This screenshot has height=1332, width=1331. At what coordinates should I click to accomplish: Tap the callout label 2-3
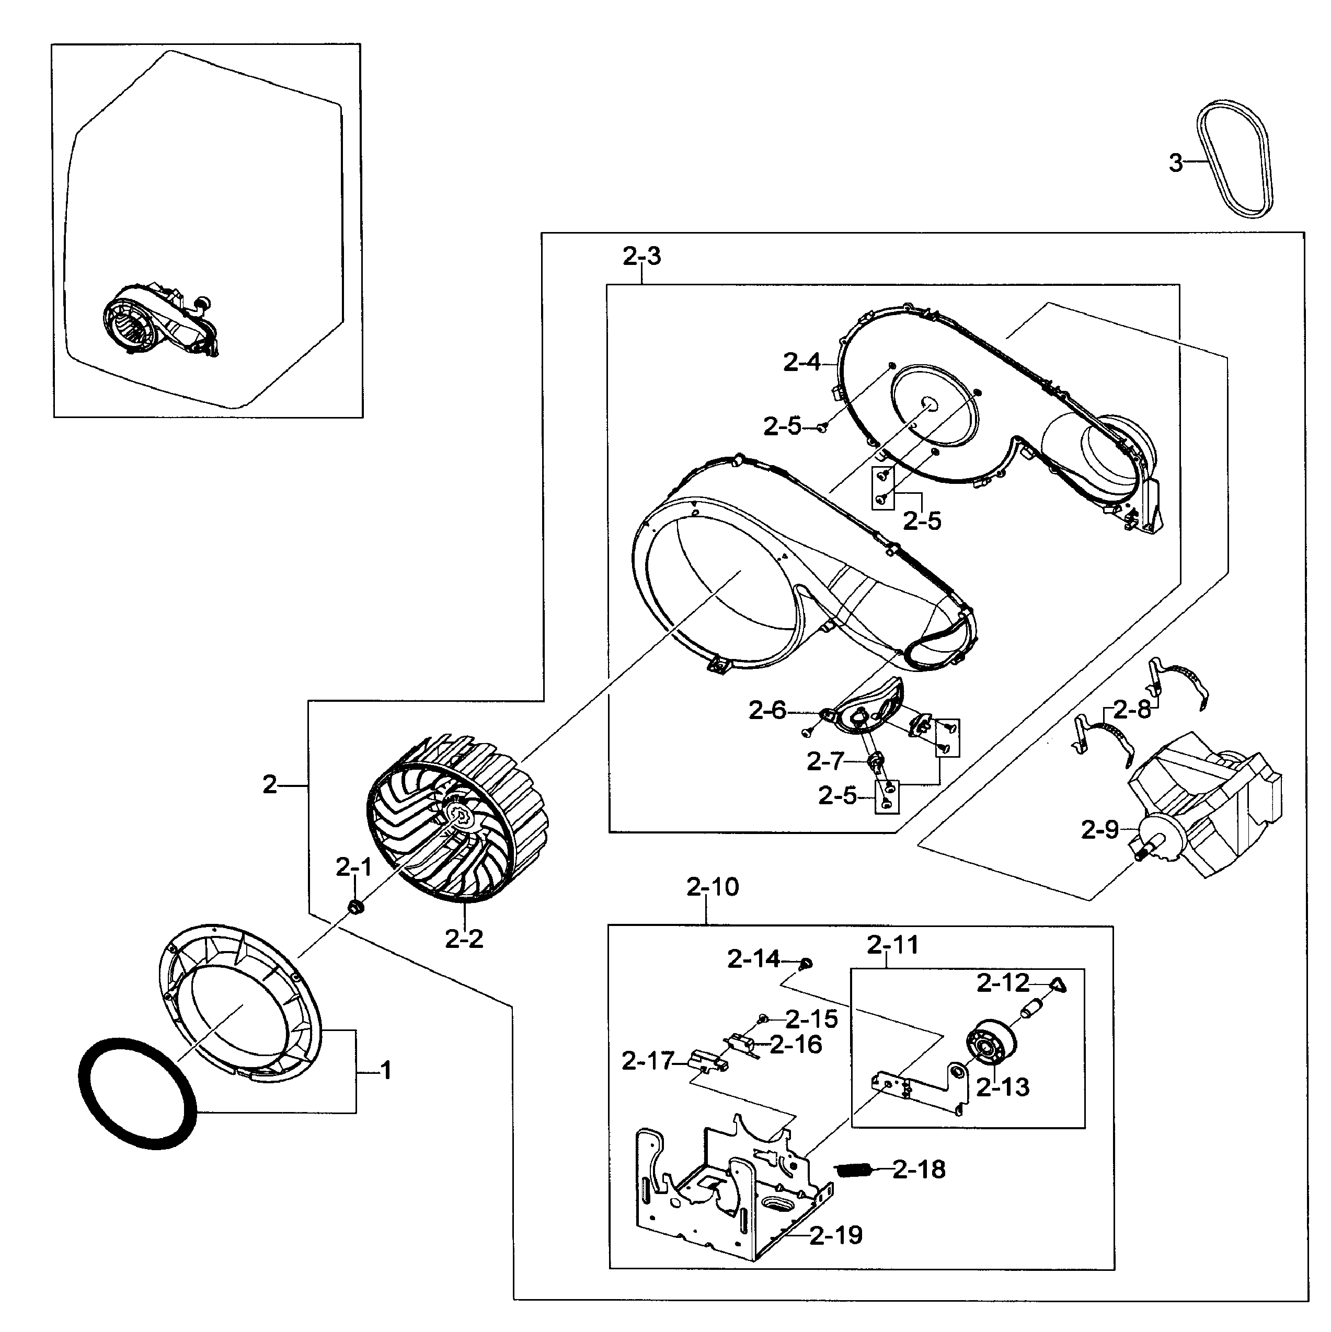click(x=641, y=257)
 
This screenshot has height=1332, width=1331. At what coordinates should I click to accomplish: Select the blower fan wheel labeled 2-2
click(x=458, y=820)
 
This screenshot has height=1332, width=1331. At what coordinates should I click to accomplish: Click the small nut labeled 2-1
click(x=356, y=907)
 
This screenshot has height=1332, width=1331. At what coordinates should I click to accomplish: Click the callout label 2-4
click(x=801, y=362)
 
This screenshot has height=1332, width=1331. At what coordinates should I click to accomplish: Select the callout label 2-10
click(x=713, y=887)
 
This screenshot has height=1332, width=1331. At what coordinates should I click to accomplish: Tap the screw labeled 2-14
click(x=806, y=963)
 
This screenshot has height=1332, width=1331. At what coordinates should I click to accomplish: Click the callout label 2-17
click(x=647, y=1061)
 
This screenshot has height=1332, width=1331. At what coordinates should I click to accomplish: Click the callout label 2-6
click(x=767, y=710)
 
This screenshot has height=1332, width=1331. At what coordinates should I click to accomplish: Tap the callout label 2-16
click(x=796, y=1045)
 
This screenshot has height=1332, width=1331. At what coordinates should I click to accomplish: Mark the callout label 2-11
click(x=892, y=945)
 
